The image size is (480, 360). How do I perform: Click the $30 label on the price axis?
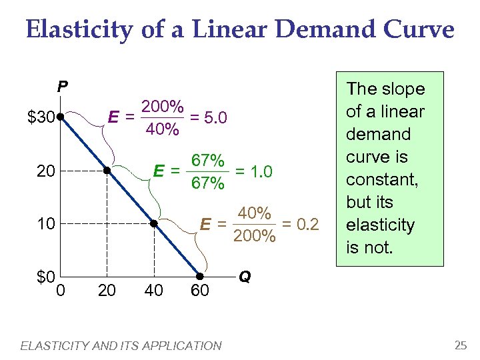[x=41, y=118]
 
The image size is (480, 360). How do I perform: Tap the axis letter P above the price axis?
[x=61, y=86]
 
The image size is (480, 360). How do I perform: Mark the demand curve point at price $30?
[x=60, y=117]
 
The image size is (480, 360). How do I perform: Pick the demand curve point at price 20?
[x=107, y=171]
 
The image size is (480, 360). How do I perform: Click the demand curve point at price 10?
[x=153, y=223]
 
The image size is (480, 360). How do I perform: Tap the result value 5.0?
[x=217, y=118]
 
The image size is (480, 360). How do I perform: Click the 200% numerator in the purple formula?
[x=162, y=107]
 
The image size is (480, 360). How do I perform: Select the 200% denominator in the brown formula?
[x=254, y=235]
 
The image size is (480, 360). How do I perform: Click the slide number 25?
[x=460, y=345]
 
